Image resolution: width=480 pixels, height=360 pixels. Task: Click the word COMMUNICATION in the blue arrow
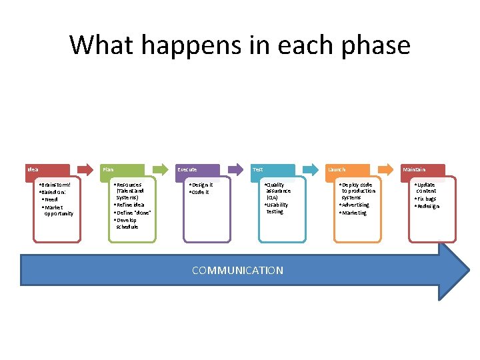[237, 270]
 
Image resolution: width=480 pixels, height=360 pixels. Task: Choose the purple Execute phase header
[197, 170]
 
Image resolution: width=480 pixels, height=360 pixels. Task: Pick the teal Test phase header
[273, 170]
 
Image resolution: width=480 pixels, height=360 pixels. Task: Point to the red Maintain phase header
[423, 170]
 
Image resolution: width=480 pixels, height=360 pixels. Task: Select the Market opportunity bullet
[58, 210]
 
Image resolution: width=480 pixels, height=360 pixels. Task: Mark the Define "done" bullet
[133, 212]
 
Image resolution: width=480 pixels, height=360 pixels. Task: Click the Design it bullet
[201, 185]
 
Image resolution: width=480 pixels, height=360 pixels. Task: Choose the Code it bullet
[199, 192]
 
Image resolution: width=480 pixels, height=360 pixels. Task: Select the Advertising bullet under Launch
[355, 205]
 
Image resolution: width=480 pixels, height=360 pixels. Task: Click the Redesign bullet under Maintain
[427, 206]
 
